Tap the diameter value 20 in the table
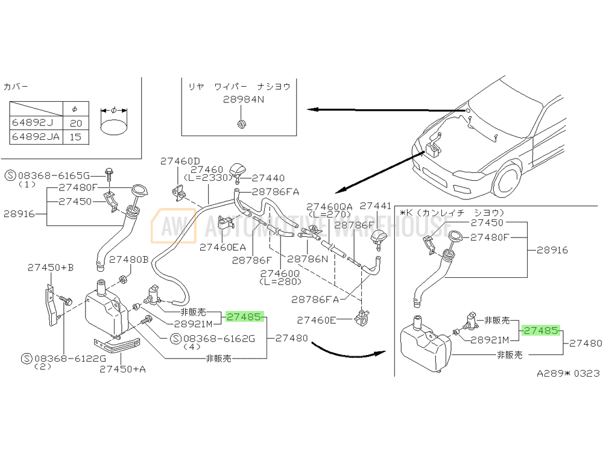pos(75,124)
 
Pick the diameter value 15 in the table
pos(75,137)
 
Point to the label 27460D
pos(180,161)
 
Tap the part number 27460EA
pos(223,247)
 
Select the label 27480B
pos(128,259)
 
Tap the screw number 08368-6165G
pos(53,175)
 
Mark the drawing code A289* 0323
pos(569,374)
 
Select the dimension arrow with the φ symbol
pos(113,110)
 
